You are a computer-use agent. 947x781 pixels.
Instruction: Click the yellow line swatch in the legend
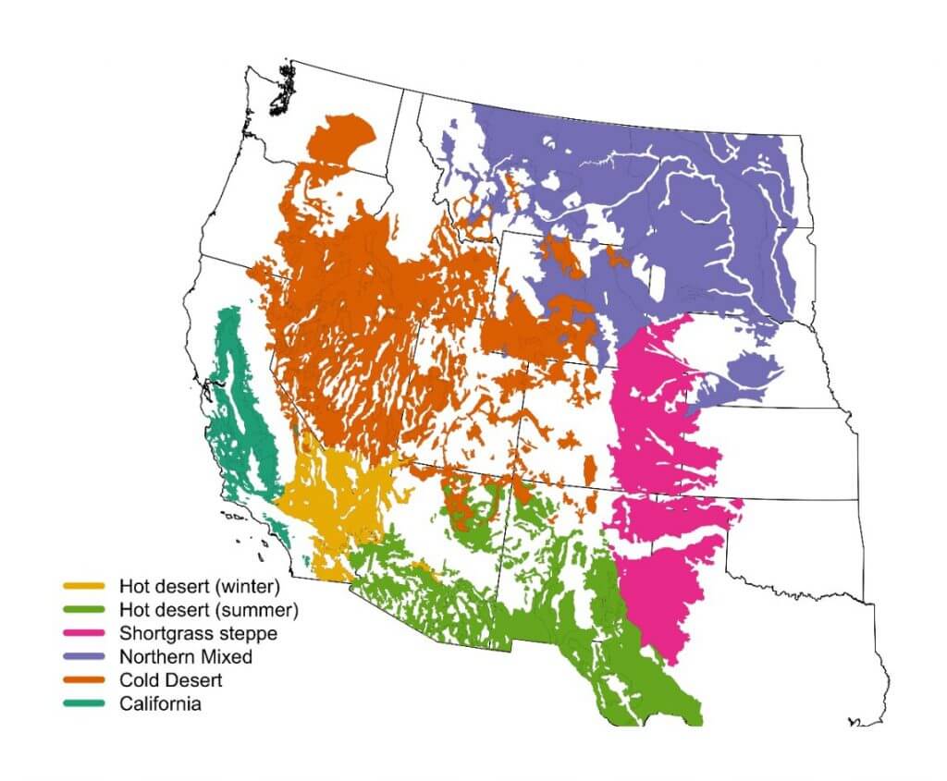86,586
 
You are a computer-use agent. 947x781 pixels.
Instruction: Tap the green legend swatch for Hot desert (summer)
86,610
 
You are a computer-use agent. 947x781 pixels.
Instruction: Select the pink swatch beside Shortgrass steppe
86,634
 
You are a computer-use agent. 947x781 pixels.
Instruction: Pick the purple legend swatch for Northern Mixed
86,657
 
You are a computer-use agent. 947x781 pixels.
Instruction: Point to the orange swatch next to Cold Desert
86,681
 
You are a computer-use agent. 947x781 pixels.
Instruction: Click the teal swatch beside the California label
86,704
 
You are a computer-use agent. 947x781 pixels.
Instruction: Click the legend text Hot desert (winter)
199,586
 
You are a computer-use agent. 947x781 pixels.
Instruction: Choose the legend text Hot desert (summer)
208,610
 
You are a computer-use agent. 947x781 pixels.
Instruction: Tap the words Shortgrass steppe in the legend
198,634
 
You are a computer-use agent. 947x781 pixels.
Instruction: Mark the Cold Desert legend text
171,681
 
